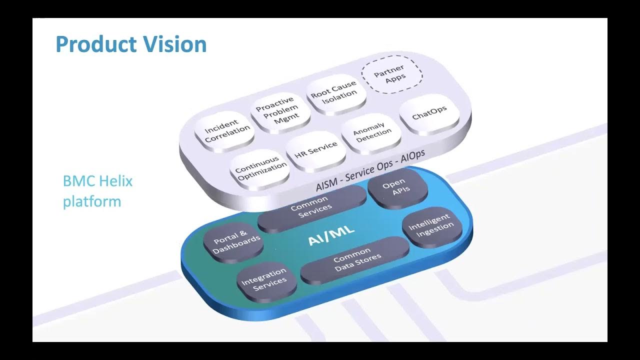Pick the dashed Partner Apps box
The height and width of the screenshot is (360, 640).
pos(391,74)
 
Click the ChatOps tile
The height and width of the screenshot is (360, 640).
pos(429,113)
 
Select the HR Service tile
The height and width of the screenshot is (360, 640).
pos(315,148)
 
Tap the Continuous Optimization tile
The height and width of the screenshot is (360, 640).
pos(260,167)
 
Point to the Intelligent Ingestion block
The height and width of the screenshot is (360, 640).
pos(431,225)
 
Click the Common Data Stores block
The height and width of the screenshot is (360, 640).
pos(355,259)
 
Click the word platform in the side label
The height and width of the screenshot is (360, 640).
pos(91,201)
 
